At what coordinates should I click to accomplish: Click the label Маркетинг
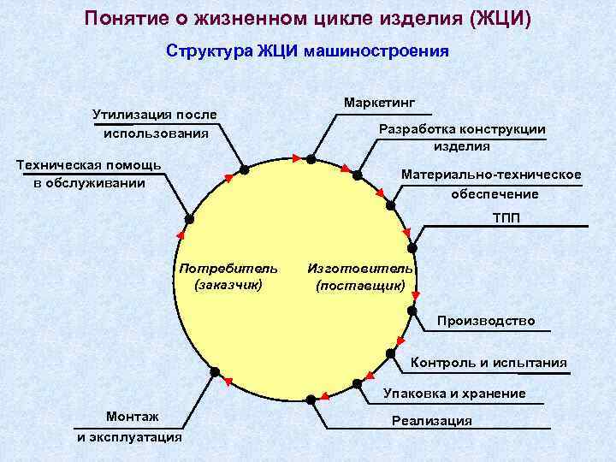[x=379, y=103]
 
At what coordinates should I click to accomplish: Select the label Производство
[x=486, y=321]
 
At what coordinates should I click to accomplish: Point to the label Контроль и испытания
[x=489, y=363]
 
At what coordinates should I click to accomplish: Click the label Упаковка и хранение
[x=454, y=394]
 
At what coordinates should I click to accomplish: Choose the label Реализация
[x=431, y=420]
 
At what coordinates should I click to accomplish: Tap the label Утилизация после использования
[x=155, y=124]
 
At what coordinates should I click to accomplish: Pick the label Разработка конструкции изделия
[x=461, y=137]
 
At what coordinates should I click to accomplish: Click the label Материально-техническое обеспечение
[x=490, y=184]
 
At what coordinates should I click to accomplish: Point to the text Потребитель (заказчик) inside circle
[x=228, y=276]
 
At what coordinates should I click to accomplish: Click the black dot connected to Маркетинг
[x=311, y=159]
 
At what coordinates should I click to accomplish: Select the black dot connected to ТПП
[x=412, y=248]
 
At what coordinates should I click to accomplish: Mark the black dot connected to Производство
[x=412, y=311]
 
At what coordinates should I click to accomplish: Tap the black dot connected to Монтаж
[x=215, y=372]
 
